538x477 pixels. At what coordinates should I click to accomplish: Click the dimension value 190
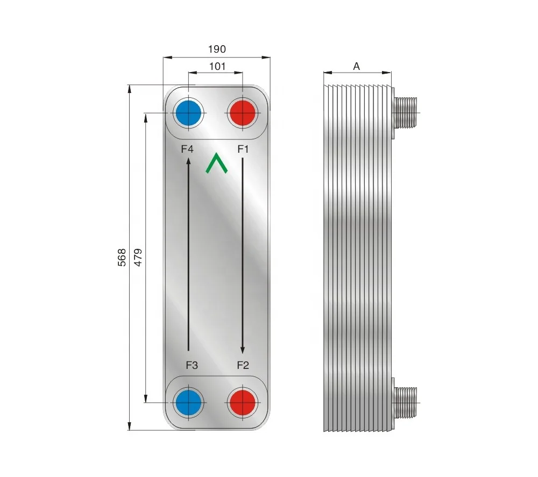click(x=217, y=49)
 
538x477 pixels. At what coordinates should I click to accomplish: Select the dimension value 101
click(x=216, y=67)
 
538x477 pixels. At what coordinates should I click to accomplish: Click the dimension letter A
click(x=356, y=66)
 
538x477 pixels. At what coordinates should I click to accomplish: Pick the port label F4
click(x=187, y=149)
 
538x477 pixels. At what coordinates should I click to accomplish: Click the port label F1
click(x=243, y=149)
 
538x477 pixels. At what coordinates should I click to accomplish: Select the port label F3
click(x=192, y=365)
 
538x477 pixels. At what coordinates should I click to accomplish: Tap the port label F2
click(x=243, y=365)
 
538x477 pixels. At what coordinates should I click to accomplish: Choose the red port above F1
click(x=242, y=113)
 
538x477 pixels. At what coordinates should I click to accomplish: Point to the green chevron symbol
click(x=216, y=163)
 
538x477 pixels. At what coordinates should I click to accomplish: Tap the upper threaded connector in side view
click(x=406, y=112)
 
